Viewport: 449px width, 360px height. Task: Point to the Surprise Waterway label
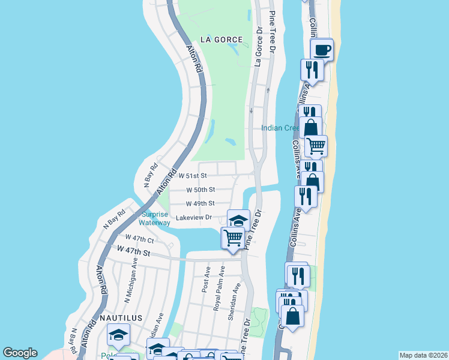[x=155, y=218]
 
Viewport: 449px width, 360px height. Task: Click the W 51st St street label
[x=193, y=176]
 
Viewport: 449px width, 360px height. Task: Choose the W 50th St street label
[x=200, y=190]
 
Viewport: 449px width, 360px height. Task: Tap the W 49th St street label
[x=200, y=203]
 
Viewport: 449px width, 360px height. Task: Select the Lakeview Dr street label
[x=194, y=217]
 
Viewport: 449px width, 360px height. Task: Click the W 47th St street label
[x=133, y=250]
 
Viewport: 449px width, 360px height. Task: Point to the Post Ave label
[x=206, y=280]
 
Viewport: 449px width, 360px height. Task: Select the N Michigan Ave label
[x=130, y=283]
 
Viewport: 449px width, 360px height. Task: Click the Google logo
[x=20, y=353]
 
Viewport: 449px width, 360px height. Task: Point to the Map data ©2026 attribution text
[x=423, y=355]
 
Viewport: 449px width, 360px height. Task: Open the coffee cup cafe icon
[x=322, y=49]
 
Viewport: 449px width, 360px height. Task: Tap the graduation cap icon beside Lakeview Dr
[x=238, y=220]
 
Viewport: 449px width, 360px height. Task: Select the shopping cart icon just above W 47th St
[x=233, y=238]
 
